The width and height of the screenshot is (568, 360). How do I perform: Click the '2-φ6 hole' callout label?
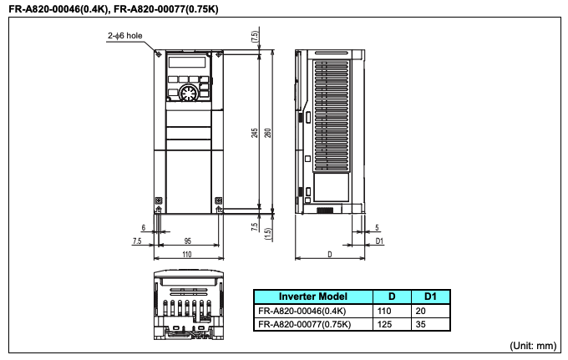click(x=126, y=37)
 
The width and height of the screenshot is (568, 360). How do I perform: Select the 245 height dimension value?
click(x=254, y=133)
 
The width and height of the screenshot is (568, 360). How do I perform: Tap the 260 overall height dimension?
click(x=268, y=133)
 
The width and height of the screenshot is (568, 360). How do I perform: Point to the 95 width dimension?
click(x=188, y=241)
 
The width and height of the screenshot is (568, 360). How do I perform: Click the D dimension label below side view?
click(x=329, y=253)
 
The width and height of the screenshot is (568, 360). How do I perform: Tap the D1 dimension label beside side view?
click(x=378, y=241)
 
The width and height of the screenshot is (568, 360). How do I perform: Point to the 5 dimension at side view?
click(x=378, y=227)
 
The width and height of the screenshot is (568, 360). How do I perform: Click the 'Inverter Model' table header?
click(x=312, y=297)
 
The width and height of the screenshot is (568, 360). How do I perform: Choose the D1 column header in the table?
click(x=431, y=297)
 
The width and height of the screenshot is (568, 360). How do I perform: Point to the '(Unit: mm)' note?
click(x=532, y=345)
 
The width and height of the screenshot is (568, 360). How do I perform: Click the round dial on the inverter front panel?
click(x=189, y=92)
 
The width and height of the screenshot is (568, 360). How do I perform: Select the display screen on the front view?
click(x=187, y=63)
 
